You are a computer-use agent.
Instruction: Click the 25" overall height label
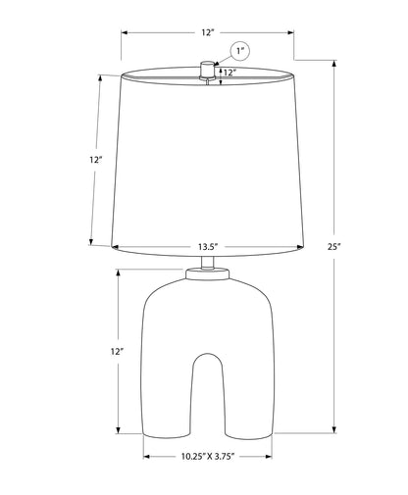tap(334, 247)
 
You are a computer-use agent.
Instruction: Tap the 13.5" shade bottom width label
tap(208, 247)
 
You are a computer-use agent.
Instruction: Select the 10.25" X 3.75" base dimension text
tap(208, 456)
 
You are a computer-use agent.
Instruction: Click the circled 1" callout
tap(240, 51)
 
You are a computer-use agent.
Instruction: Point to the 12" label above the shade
tap(207, 32)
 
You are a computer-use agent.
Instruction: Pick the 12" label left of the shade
tap(96, 160)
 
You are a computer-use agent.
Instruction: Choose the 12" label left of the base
tap(117, 352)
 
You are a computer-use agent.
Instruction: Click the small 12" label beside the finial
tap(230, 73)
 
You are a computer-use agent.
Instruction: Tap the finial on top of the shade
tap(207, 70)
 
